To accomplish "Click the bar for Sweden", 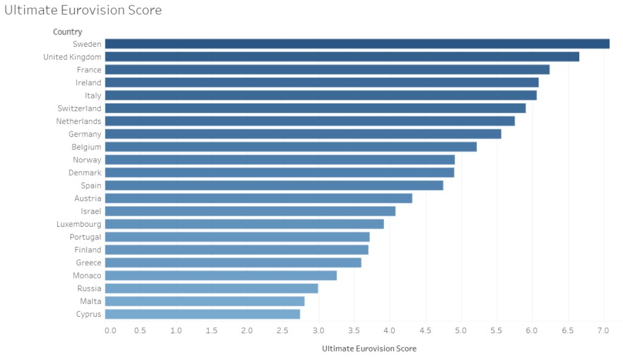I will [x=357, y=44].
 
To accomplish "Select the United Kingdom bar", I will [x=342, y=57].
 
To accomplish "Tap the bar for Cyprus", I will [x=203, y=314].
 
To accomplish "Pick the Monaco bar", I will [x=221, y=275].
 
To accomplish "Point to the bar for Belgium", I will [x=291, y=147].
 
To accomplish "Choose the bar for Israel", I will [x=250, y=211].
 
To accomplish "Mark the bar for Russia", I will [x=212, y=288].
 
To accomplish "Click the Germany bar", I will [x=303, y=134].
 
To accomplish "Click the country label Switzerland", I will [x=79, y=108].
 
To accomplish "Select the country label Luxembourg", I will [x=79, y=224].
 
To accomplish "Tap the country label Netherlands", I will [x=78, y=121].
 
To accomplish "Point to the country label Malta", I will [x=91, y=302].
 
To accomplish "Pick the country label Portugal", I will [x=85, y=237].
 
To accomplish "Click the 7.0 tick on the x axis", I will [x=604, y=331].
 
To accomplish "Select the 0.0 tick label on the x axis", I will [x=110, y=331].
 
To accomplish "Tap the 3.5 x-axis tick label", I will [x=355, y=331].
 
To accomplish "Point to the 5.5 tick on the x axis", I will [x=497, y=331].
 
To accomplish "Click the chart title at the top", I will [x=83, y=10].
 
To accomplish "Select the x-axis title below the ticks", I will [x=369, y=349].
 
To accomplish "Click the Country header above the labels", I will [x=68, y=32].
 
